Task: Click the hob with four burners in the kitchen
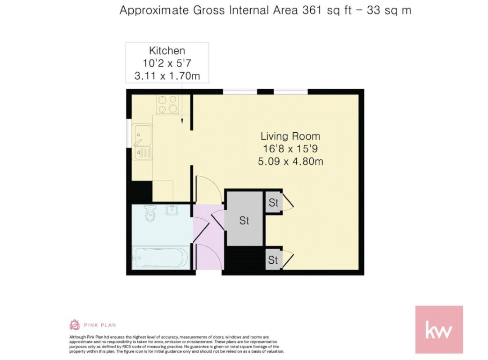pyautogui.click(x=168, y=104)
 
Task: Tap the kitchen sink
pyautogui.click(x=142, y=142)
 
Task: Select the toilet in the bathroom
pyautogui.click(x=150, y=213)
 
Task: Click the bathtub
pyautogui.click(x=161, y=258)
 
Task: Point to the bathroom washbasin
pyautogui.click(x=172, y=210)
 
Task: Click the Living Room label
pyautogui.click(x=290, y=136)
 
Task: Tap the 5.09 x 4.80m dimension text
pyautogui.click(x=290, y=162)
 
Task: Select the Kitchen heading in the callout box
pyautogui.click(x=167, y=51)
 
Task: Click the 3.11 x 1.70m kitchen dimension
pyautogui.click(x=167, y=76)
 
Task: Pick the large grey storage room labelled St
pyautogui.click(x=244, y=219)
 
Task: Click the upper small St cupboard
pyautogui.click(x=274, y=202)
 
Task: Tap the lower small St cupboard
pyautogui.click(x=273, y=260)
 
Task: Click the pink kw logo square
pyautogui.click(x=439, y=329)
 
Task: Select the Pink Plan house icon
pyautogui.click(x=74, y=324)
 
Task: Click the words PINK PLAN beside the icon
pyautogui.click(x=100, y=325)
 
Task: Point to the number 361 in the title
pyautogui.click(x=312, y=10)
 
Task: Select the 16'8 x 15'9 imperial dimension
pyautogui.click(x=290, y=149)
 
